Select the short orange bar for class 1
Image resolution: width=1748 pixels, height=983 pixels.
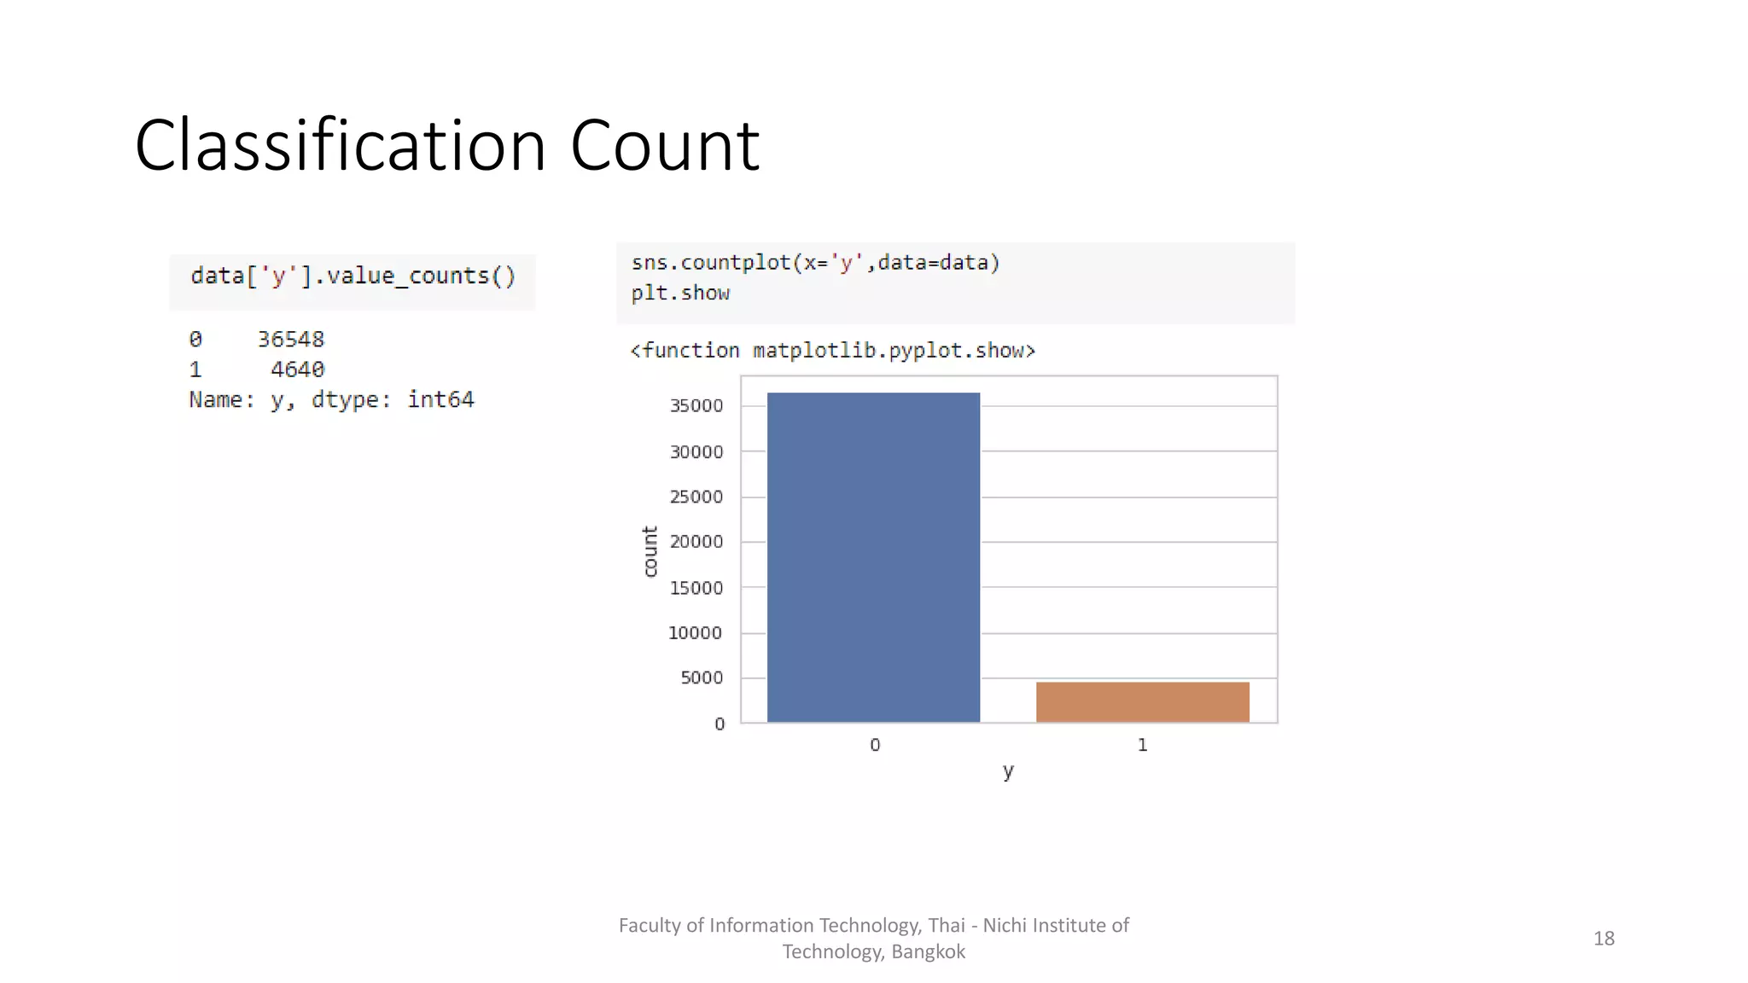1142,702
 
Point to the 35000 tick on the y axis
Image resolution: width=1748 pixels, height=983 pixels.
696,406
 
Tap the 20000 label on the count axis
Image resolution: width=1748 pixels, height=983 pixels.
696,542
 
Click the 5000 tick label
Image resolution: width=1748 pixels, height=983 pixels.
702,678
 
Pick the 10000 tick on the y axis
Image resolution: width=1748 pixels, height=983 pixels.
695,633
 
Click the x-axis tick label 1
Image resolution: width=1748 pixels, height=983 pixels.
1142,745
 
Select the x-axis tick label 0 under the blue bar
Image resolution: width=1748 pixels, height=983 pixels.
875,745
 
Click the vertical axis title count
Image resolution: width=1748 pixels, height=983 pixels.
650,551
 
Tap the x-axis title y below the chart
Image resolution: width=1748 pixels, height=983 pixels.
1008,771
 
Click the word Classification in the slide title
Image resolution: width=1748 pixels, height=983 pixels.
340,146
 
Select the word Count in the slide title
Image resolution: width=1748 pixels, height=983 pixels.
664,146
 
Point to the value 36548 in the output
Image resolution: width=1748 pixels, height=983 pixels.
291,340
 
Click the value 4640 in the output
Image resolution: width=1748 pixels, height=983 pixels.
297,369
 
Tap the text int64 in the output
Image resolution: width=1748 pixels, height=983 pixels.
440,399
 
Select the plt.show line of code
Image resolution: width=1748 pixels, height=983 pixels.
680,294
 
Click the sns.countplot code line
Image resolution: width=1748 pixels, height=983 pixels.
815,263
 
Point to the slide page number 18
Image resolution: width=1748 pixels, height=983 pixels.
1604,939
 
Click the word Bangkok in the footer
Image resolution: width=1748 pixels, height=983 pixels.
928,952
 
